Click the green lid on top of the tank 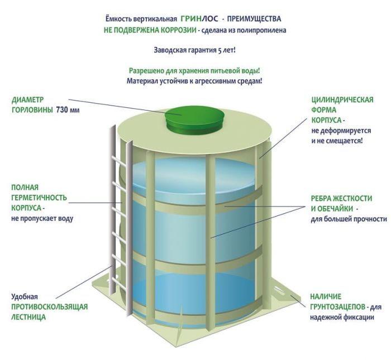tap(194, 117)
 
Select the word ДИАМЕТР tap(28, 100)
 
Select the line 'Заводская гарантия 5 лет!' tap(194, 50)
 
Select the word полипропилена tap(259, 30)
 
